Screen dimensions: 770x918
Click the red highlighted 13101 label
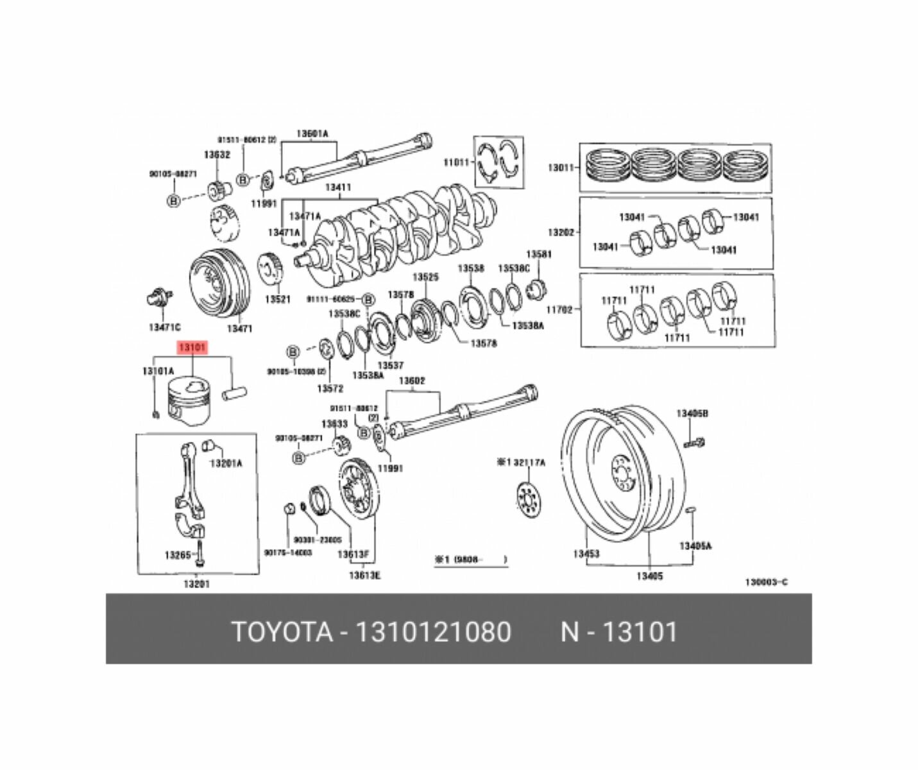191,348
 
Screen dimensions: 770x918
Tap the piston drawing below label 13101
189,401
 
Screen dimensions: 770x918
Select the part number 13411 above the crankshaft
337,188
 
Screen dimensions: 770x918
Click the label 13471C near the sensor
164,327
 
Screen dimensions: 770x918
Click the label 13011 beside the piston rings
560,168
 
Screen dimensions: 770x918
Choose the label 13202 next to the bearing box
560,232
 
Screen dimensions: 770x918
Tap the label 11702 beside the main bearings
559,310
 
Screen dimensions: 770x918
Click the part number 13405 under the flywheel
649,576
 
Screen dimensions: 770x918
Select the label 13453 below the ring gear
586,553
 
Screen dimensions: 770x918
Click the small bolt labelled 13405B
694,441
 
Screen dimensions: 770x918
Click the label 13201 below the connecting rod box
196,584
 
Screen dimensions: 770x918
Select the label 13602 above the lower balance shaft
412,381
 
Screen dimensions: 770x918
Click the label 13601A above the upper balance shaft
312,134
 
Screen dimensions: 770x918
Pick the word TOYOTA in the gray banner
282,632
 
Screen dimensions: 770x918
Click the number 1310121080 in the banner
434,632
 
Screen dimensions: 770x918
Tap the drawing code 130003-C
766,582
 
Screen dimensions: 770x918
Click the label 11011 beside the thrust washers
457,162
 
